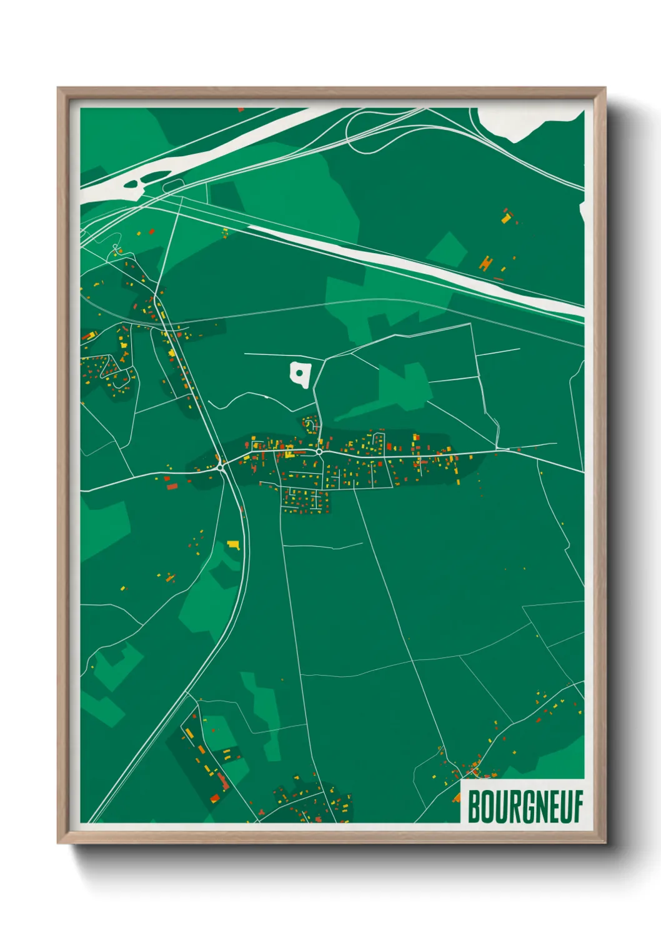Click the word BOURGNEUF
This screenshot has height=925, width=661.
[525, 807]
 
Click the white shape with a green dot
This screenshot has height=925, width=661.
[301, 374]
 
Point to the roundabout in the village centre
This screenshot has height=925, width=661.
[319, 451]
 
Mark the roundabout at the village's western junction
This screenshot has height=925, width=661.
[221, 466]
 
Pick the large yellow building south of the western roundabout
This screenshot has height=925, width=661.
[234, 544]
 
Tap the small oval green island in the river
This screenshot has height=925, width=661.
[132, 184]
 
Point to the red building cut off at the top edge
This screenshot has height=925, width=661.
[241, 109]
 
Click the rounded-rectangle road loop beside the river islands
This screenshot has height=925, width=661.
[174, 186]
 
